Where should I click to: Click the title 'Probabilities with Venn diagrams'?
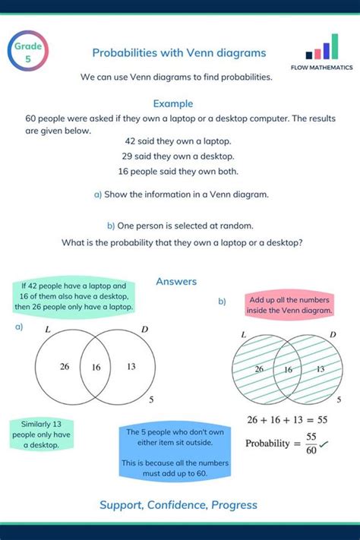179,52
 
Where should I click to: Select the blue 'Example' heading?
173,103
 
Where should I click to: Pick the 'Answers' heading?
176,282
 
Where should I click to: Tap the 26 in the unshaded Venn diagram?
65,367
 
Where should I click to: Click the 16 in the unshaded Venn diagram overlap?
96,368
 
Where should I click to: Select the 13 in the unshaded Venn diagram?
131,367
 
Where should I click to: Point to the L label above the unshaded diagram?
48,330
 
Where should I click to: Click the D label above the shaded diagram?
333,335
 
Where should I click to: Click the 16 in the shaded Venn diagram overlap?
288,370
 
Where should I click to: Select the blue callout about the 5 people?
174,453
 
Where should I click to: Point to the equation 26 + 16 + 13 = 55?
287,419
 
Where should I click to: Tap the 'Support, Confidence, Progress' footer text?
178,505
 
